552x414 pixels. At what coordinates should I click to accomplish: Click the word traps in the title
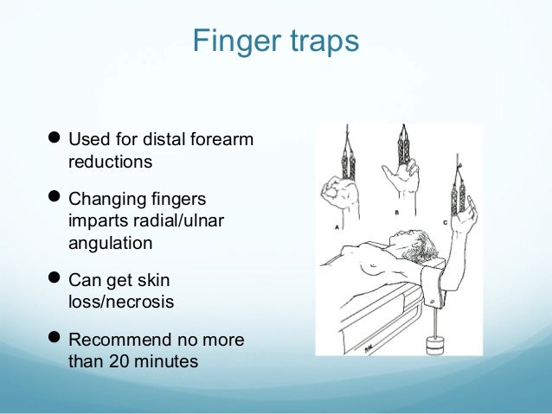[317, 41]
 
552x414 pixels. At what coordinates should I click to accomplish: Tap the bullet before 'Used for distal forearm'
[55, 140]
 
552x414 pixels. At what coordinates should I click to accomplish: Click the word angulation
[110, 243]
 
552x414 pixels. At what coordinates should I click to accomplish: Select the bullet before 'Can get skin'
[55, 281]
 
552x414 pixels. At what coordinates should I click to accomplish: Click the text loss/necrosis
[123, 303]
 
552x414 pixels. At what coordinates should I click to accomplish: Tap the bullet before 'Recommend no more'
[55, 341]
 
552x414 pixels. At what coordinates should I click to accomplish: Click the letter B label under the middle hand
[396, 210]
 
